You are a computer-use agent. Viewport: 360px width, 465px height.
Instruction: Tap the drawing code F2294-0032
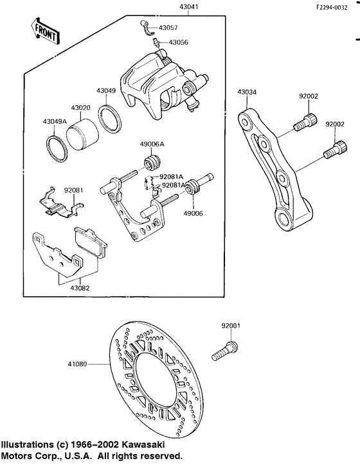click(332, 8)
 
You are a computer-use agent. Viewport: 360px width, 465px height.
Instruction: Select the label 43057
click(168, 28)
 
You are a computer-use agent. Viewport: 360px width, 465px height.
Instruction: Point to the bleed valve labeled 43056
click(157, 42)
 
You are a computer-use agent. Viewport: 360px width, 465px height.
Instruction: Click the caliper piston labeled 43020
click(82, 135)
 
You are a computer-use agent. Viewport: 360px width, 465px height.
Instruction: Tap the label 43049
click(105, 91)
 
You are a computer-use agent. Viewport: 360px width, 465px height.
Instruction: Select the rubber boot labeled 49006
click(194, 187)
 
